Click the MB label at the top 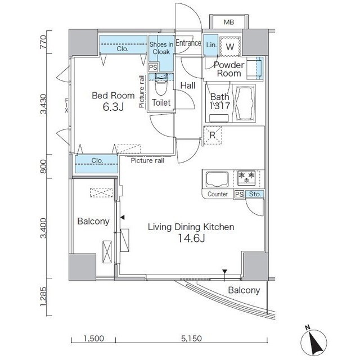click(229, 22)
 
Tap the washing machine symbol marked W click(230, 47)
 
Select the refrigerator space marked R click(213, 135)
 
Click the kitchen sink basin click(217, 179)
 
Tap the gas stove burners click(246, 178)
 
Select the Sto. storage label click(255, 194)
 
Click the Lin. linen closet click(211, 45)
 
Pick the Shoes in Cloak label click(161, 48)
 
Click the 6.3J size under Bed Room click(113, 107)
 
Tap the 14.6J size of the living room click(191, 238)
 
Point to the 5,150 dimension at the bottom click(191, 338)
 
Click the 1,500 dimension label click(93, 338)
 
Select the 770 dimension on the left click(43, 42)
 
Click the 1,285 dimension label click(43, 296)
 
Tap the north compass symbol click(314, 341)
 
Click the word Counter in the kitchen click(218, 194)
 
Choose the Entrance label click(188, 43)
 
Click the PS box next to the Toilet click(153, 67)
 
